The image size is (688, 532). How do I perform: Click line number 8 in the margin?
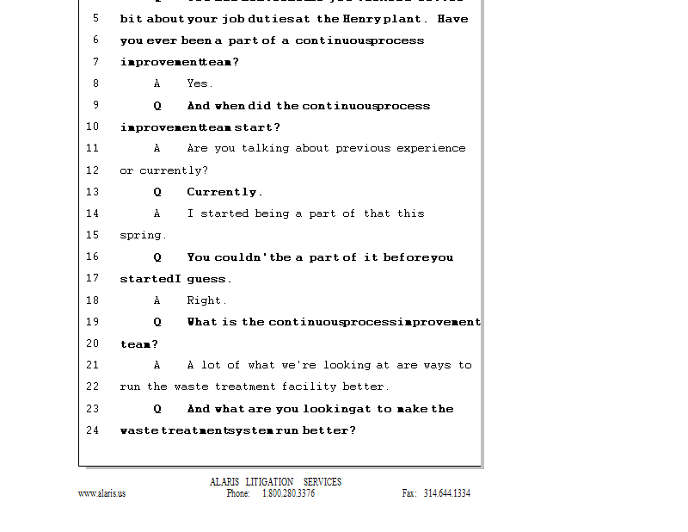(95, 84)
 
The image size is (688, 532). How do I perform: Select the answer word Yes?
(200, 84)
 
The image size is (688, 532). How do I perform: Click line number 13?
(92, 192)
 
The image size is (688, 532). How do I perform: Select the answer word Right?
(206, 300)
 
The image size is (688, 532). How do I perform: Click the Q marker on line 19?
(157, 322)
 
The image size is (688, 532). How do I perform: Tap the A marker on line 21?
(157, 365)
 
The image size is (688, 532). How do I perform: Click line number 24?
(92, 430)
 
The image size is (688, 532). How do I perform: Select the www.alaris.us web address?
(101, 494)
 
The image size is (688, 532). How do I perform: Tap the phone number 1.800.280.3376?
(288, 494)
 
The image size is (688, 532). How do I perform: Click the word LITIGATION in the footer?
(269, 482)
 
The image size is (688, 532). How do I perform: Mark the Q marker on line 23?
(157, 409)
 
